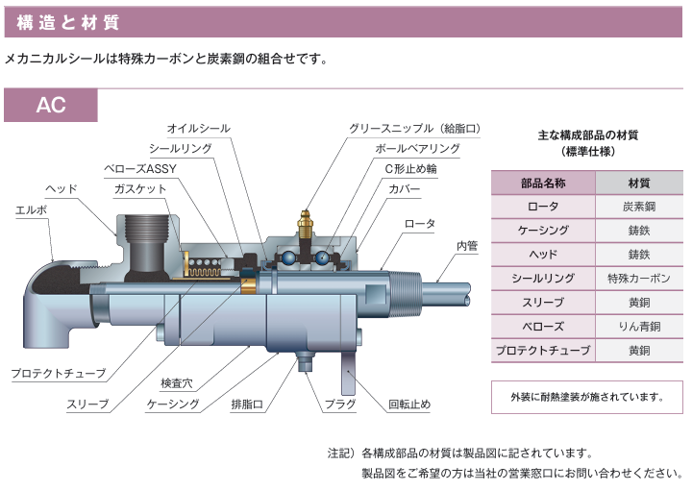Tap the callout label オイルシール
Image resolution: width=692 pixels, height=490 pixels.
[x=198, y=128]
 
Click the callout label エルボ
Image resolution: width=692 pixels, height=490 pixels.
[x=30, y=208]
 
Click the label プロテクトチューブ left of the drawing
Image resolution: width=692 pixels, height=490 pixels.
[x=59, y=372]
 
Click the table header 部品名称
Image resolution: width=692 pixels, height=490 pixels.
[x=543, y=183]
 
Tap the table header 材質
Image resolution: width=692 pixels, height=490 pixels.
[x=639, y=183]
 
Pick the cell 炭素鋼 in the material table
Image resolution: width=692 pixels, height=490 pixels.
[x=639, y=207]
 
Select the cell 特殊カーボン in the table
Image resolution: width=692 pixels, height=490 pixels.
[x=639, y=279]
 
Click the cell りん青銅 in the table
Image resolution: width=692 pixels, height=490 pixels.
[x=639, y=327]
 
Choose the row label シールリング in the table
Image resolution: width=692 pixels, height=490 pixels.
[x=543, y=279]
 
